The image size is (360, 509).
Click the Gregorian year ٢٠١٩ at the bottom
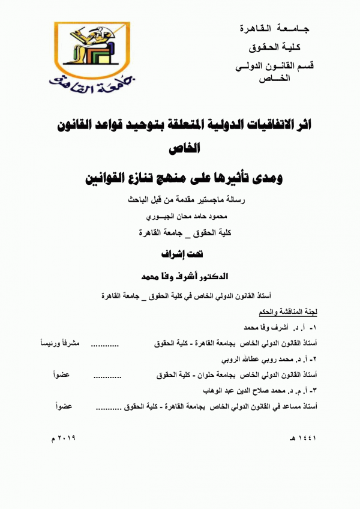(70, 439)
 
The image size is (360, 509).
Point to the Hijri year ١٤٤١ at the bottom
(301, 439)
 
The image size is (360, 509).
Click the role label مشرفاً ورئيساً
(58, 345)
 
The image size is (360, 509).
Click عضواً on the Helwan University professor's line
(62, 376)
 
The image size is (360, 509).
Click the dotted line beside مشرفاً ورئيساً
(130, 345)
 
